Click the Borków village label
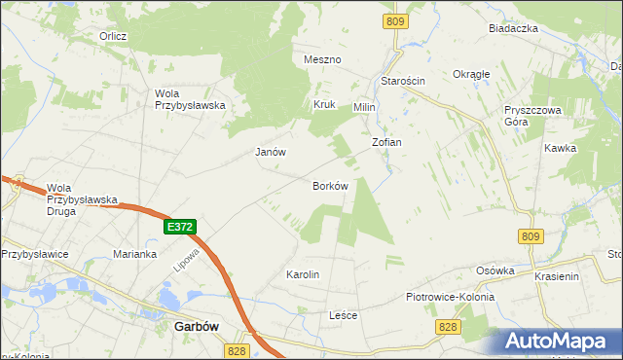click(330, 185)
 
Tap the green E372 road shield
click(180, 226)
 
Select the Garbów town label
click(195, 328)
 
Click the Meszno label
click(322, 59)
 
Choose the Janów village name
click(270, 152)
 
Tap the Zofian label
click(386, 142)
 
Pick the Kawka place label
click(561, 148)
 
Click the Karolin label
click(303, 274)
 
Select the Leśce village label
click(344, 315)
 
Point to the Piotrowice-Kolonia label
click(450, 297)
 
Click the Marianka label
click(134, 254)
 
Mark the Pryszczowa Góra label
click(532, 117)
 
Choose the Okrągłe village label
click(471, 74)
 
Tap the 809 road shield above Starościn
click(393, 21)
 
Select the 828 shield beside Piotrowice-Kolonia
click(447, 327)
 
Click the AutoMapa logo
click(556, 341)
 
